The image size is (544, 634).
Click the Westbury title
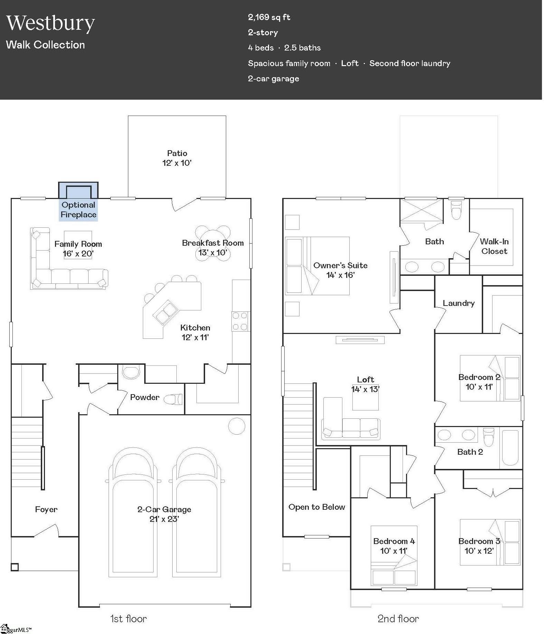pyautogui.click(x=50, y=23)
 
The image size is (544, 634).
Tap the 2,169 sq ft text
pyautogui.click(x=269, y=17)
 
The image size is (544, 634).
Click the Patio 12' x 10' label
pyautogui.click(x=177, y=158)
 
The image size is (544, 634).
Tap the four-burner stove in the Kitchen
pyautogui.click(x=240, y=321)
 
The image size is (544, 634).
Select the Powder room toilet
pyautogui.click(x=173, y=399)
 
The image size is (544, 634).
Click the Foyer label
pyautogui.click(x=46, y=509)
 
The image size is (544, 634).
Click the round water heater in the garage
pyautogui.click(x=237, y=426)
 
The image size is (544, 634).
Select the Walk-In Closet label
pyautogui.click(x=494, y=246)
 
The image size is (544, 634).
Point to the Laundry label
pyautogui.click(x=459, y=303)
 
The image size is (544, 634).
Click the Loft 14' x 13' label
pyautogui.click(x=366, y=384)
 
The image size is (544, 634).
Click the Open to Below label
pyautogui.click(x=317, y=507)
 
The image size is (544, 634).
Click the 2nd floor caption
pyautogui.click(x=398, y=619)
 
